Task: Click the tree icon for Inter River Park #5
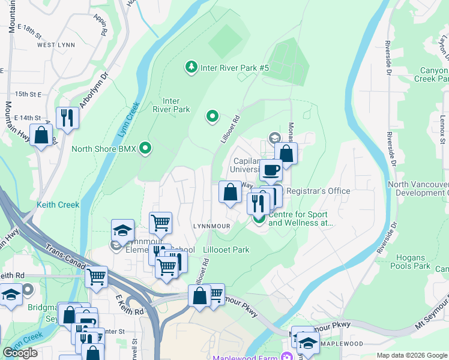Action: click(x=191, y=67)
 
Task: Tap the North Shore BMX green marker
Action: click(x=145, y=148)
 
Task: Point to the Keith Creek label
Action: click(x=58, y=205)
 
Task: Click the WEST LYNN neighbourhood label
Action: click(x=55, y=45)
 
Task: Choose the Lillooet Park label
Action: click(x=226, y=250)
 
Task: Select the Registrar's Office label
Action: click(x=318, y=191)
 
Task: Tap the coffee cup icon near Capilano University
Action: click(x=271, y=170)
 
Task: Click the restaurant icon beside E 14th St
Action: click(x=67, y=117)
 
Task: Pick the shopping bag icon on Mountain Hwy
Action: click(x=41, y=135)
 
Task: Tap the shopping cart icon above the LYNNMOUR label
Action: click(x=160, y=223)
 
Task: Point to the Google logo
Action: click(x=20, y=352)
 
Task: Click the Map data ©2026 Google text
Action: click(x=412, y=355)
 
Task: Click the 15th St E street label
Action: click(x=28, y=94)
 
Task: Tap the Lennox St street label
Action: click(x=442, y=120)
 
